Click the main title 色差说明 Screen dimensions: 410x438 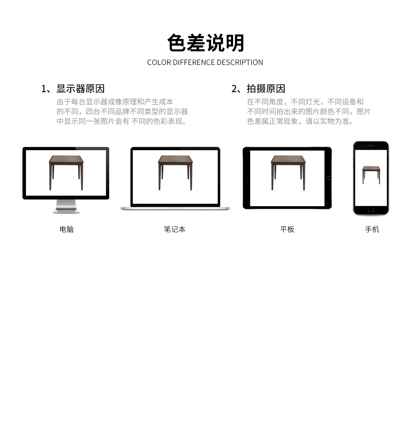pyautogui.click(x=205, y=43)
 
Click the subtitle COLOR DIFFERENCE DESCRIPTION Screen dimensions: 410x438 pyautogui.click(x=205, y=62)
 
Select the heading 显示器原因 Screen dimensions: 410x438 pyautogui.click(x=80, y=89)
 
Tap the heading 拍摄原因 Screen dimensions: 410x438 pyautogui.click(x=266, y=89)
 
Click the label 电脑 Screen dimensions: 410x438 pyautogui.click(x=67, y=229)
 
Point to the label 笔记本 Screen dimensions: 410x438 pyautogui.click(x=175, y=229)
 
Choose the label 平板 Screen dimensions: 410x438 pyautogui.click(x=287, y=229)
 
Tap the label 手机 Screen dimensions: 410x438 pyautogui.click(x=372, y=229)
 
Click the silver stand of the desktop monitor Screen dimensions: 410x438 pyautogui.click(x=66, y=207)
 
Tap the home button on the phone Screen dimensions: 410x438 pyautogui.click(x=371, y=210)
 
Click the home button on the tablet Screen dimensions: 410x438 pyautogui.click(x=328, y=178)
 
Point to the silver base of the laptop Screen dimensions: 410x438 pyautogui.click(x=175, y=208)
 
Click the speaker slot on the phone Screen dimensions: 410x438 pyautogui.click(x=371, y=146)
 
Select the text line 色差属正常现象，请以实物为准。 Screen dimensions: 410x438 pyautogui.click(x=300, y=121)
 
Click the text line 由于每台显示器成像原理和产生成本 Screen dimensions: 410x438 pyautogui.click(x=115, y=101)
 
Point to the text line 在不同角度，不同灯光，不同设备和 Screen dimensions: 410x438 pyautogui.click(x=305, y=101)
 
